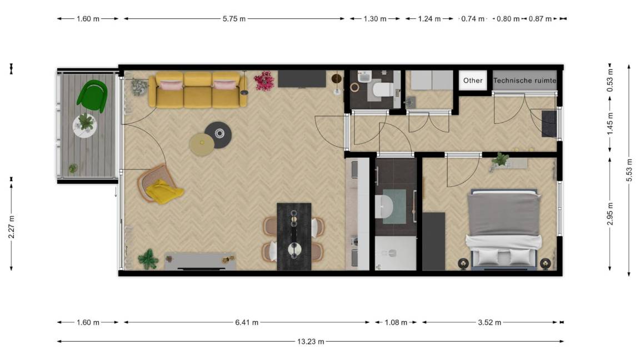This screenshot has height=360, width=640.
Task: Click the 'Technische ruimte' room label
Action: pyautogui.click(x=524, y=81)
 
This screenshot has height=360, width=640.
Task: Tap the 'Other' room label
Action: pyautogui.click(x=473, y=81)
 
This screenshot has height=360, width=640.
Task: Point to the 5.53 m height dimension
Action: pyautogui.click(x=629, y=170)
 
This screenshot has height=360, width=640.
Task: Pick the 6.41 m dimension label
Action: pyautogui.click(x=246, y=322)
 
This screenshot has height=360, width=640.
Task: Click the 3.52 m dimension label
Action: pyautogui.click(x=490, y=322)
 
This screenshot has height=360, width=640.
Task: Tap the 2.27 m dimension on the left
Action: pyautogui.click(x=12, y=226)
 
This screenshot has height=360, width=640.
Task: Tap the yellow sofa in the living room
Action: pyautogui.click(x=197, y=89)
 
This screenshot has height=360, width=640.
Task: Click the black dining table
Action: pyautogui.click(x=294, y=236)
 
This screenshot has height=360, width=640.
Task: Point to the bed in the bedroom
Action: pyautogui.click(x=505, y=229)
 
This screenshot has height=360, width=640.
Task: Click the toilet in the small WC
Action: pyautogui.click(x=382, y=88)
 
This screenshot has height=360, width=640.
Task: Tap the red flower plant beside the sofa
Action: pyautogui.click(x=264, y=81)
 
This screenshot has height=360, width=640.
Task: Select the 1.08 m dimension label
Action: pyautogui.click(x=396, y=322)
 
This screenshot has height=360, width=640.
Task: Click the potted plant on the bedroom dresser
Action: pyautogui.click(x=501, y=159)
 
